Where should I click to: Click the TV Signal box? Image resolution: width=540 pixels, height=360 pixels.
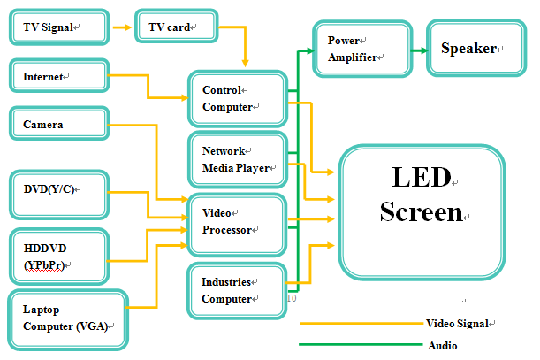(x=59, y=27)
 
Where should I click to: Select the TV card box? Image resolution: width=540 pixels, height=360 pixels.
(x=177, y=27)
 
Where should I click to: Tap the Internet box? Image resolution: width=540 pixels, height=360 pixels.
(x=59, y=75)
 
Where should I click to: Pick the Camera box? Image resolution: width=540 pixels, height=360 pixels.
(x=59, y=124)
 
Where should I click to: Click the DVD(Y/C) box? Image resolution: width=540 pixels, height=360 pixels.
(x=59, y=195)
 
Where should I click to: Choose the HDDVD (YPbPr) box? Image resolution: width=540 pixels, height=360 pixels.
(x=59, y=257)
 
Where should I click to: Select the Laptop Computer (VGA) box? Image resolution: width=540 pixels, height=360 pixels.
(x=68, y=319)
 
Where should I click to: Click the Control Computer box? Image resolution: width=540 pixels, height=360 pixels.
(x=238, y=98)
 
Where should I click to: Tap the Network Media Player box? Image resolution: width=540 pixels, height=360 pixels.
(x=238, y=159)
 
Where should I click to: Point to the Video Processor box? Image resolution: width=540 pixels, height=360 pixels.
(x=237, y=225)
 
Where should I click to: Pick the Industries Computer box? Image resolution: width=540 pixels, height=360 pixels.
(x=237, y=291)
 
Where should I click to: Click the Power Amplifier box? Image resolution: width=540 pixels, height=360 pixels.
(x=362, y=49)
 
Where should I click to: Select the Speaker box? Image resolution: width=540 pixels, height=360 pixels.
(x=476, y=48)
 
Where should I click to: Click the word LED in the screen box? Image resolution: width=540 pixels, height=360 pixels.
(x=422, y=177)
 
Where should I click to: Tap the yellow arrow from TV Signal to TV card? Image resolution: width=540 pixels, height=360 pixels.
(x=122, y=27)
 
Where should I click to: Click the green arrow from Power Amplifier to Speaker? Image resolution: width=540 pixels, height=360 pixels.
(x=420, y=50)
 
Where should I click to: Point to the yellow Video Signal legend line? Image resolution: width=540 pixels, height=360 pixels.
(x=361, y=324)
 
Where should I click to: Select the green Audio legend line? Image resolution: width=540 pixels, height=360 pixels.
(x=361, y=344)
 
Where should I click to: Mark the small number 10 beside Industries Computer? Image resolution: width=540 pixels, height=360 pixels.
(x=292, y=298)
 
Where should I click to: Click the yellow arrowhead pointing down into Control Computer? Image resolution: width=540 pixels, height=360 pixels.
(x=245, y=63)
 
